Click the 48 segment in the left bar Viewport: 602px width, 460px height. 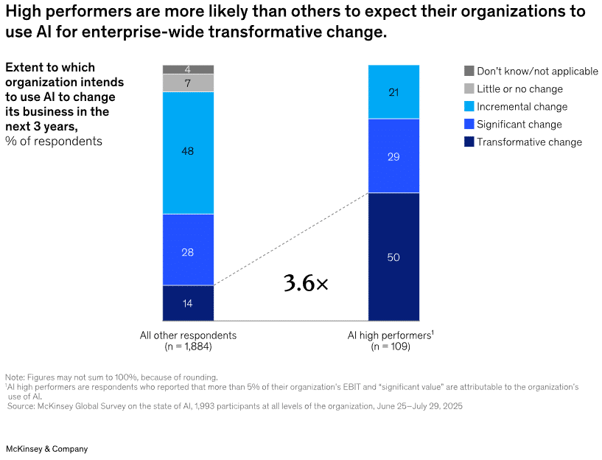(188, 152)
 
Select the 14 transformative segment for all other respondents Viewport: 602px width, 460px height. (188, 303)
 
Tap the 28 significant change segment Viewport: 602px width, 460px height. (188, 250)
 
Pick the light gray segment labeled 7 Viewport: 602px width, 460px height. (188, 83)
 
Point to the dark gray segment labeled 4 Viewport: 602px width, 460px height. (188, 69)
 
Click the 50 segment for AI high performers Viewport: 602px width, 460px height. (393, 257)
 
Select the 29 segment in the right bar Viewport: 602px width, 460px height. (393, 156)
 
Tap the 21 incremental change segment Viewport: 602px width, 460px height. (393, 91)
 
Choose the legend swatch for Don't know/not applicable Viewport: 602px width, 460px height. (469, 72)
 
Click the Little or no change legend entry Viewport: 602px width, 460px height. (519, 89)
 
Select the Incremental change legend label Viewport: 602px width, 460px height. (522, 107)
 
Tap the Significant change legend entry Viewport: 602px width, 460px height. (519, 125)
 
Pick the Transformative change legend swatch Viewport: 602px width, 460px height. (469, 142)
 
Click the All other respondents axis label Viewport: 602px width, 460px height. (188, 335)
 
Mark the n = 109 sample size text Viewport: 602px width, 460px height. (391, 346)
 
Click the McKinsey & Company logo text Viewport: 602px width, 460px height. (46, 449)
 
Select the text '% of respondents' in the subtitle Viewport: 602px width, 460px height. (54, 141)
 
